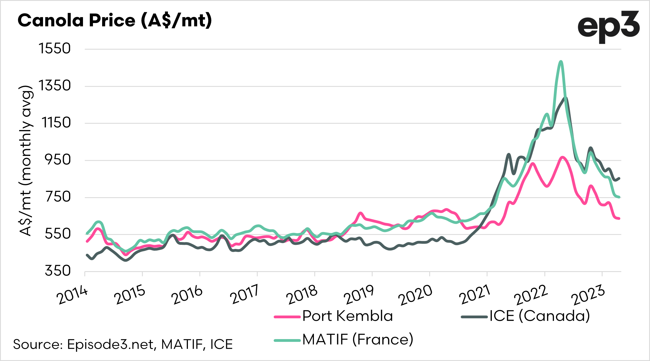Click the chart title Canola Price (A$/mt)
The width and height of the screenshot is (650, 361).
tap(115, 21)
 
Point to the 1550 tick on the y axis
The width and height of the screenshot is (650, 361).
tap(55, 49)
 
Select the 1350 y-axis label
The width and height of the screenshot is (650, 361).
tap(55, 86)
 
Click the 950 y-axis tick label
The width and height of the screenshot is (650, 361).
tap(58, 160)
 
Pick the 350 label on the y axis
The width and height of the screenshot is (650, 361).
tap(58, 271)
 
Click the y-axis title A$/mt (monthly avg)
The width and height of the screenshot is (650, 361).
tap(26, 161)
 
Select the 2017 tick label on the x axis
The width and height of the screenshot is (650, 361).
tap(244, 294)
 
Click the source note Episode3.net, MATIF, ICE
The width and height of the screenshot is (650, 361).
tap(123, 344)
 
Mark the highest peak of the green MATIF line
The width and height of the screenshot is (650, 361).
tap(561, 62)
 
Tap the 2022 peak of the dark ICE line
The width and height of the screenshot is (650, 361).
tap(565, 98)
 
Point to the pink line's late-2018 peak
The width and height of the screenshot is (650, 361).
tap(360, 213)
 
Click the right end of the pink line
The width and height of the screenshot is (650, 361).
tap(619, 218)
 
